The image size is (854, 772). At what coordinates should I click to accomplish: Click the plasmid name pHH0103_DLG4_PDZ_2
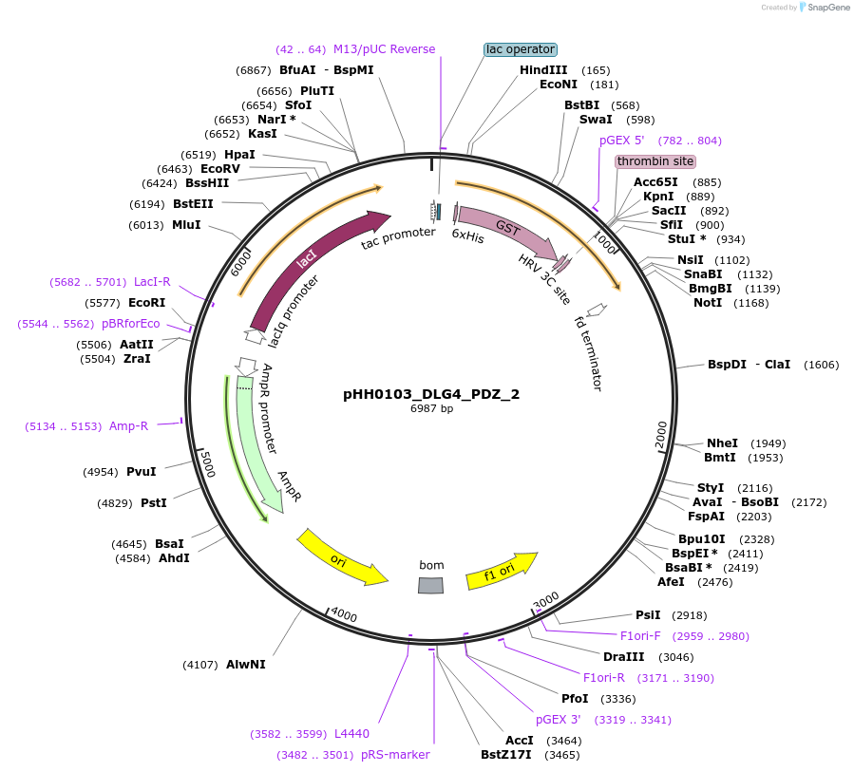pyautogui.click(x=431, y=394)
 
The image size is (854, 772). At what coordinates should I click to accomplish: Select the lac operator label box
pyautogui.click(x=520, y=49)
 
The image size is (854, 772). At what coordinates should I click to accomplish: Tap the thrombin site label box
pyautogui.click(x=655, y=161)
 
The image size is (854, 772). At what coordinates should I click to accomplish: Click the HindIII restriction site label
pyautogui.click(x=543, y=70)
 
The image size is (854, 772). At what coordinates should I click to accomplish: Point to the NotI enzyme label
pyautogui.click(x=708, y=303)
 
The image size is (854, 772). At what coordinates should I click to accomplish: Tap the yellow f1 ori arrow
pyautogui.click(x=501, y=571)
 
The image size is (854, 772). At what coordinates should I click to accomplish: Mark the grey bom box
pyautogui.click(x=431, y=585)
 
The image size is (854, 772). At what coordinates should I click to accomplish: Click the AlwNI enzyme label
pyautogui.click(x=246, y=665)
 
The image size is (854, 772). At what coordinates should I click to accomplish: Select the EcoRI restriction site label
pyautogui.click(x=146, y=303)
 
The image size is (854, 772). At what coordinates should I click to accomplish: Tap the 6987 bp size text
pyautogui.click(x=431, y=409)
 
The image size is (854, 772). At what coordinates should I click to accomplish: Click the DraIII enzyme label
pyautogui.click(x=623, y=657)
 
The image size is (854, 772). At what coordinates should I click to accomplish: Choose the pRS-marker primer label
pyautogui.click(x=395, y=755)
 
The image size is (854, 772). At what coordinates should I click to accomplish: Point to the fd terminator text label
pyautogui.click(x=589, y=353)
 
